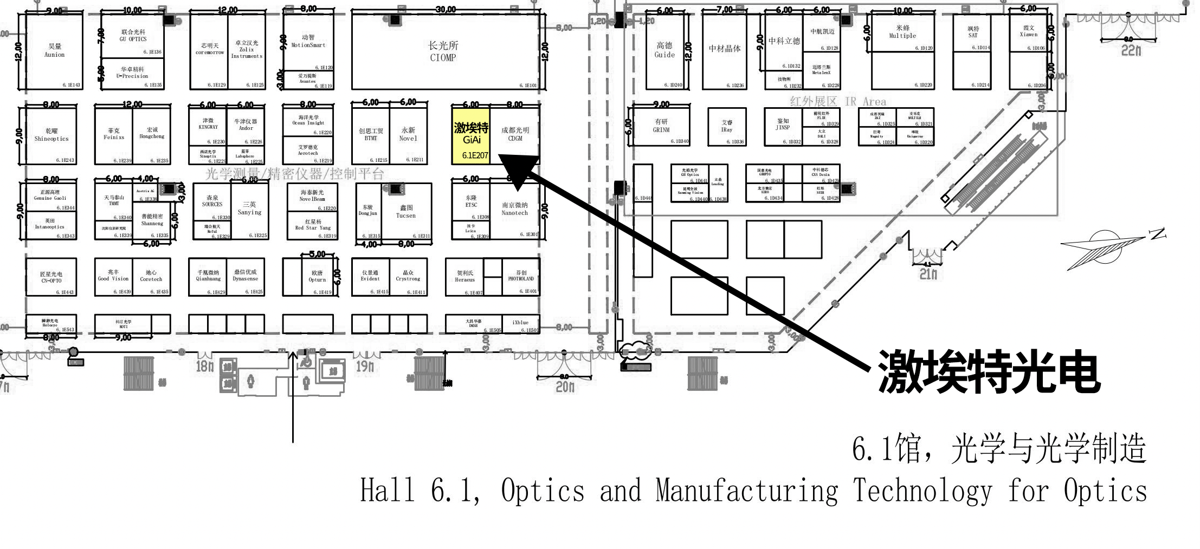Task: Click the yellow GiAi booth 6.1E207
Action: pyautogui.click(x=470, y=135)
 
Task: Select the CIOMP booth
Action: pyautogui.click(x=443, y=51)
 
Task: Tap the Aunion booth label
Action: pyautogui.click(x=54, y=50)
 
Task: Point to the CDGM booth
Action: pyautogui.click(x=515, y=134)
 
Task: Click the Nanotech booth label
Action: pyautogui.click(x=514, y=209)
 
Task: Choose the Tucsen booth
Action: pyautogui.click(x=406, y=212)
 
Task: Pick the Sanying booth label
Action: pyautogui.click(x=249, y=208)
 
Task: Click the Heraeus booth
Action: pyautogui.click(x=464, y=277)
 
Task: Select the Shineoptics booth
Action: pyautogui.click(x=51, y=135)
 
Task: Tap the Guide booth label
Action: pyautogui.click(x=664, y=50)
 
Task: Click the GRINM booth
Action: pyautogui.click(x=661, y=126)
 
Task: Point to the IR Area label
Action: pyautogui.click(x=838, y=101)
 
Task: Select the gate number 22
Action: pyautogui.click(x=1131, y=50)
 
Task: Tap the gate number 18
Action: pyautogui.click(x=204, y=367)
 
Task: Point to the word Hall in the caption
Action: pyautogui.click(x=388, y=490)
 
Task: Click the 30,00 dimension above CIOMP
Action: pyautogui.click(x=446, y=9)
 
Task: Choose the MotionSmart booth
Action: pyautogui.click(x=308, y=41)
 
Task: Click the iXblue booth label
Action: pyautogui.click(x=520, y=323)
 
